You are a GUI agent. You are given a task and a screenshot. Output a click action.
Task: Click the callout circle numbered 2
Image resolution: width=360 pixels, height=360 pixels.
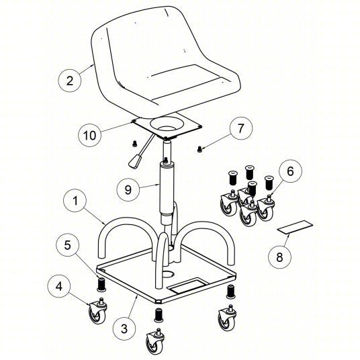coord(70,81)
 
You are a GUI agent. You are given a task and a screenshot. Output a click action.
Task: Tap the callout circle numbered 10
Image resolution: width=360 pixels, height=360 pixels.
coord(89,135)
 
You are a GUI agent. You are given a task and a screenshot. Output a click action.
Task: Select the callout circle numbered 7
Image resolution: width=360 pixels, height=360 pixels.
coord(240,128)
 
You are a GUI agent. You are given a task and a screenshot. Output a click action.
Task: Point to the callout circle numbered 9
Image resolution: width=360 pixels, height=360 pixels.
coord(128,189)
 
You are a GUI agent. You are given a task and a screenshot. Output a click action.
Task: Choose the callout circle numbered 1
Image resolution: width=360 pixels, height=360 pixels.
coord(75,201)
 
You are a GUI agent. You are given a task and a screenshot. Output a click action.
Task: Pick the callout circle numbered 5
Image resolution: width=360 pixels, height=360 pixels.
coord(67,245)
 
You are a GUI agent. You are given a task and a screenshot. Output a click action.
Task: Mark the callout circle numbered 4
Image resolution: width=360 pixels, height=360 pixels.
coord(59,286)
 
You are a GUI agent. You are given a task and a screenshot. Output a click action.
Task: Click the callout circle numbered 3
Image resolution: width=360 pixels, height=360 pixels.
coord(124,329)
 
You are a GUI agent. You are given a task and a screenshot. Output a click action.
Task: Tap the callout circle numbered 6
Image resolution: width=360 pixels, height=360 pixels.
coord(290,171)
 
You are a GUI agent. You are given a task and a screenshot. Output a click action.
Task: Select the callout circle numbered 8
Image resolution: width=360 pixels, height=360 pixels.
coord(279,257)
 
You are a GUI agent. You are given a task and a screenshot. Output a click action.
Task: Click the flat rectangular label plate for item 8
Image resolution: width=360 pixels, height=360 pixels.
coord(296,227)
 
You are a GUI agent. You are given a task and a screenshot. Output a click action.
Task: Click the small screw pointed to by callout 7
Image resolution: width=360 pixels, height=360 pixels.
coord(199,150)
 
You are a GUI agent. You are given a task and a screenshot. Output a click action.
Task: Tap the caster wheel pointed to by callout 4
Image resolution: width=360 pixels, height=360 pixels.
coord(98,310)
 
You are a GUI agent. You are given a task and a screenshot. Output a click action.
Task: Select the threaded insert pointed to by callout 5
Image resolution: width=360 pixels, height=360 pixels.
coord(101,285)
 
